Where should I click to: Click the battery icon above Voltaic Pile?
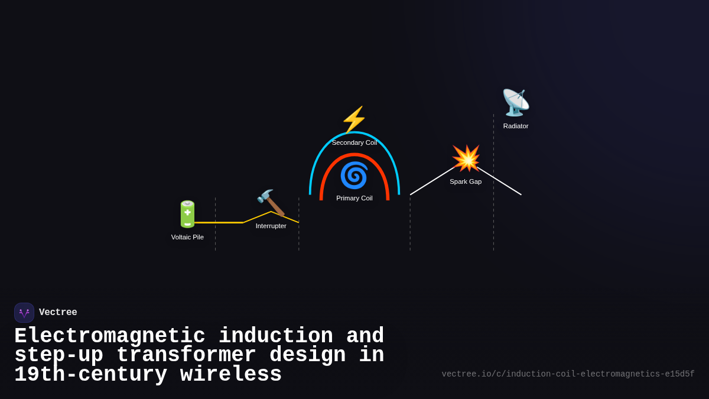[x=187, y=214]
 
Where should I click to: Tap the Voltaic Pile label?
[x=187, y=237]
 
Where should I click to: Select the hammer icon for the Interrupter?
[x=271, y=203]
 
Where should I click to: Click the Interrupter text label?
[x=271, y=226]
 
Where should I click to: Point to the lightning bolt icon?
[x=354, y=120]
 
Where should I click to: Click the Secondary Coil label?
[x=354, y=142]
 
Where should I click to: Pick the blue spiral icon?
[x=354, y=176]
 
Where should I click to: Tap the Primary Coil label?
[x=354, y=198]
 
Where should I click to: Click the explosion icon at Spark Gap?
[x=466, y=158]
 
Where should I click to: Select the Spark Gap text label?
[x=466, y=181]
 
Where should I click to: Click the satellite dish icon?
[x=515, y=103]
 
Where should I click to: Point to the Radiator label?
[x=515, y=126]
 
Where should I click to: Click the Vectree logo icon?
[x=24, y=313]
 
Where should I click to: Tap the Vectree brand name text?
[x=58, y=313]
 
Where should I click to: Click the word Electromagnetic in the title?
[x=110, y=336]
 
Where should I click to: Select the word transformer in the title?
[x=186, y=355]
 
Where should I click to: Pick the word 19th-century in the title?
[x=90, y=375]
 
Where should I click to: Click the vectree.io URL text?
[x=568, y=374]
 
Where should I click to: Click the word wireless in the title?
[x=231, y=375]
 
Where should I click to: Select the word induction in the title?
[x=275, y=336]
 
